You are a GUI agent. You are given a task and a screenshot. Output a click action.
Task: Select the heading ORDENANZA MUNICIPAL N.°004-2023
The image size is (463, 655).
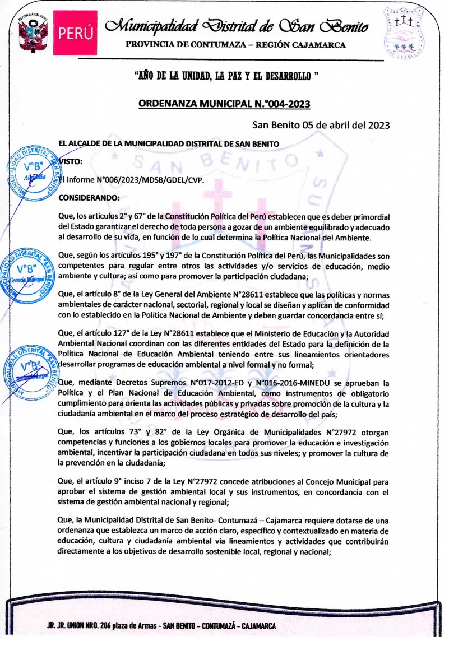[x=224, y=104]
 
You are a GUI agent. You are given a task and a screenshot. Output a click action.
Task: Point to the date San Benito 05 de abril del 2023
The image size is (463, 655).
[x=321, y=125]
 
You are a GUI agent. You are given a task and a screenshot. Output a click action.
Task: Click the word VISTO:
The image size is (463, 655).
[x=71, y=161]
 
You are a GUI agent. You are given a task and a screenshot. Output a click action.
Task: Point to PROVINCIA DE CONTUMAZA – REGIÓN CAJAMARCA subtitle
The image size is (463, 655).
[x=235, y=45]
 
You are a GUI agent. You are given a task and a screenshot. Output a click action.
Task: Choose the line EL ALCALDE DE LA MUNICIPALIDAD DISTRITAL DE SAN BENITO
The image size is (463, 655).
[x=169, y=143]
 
